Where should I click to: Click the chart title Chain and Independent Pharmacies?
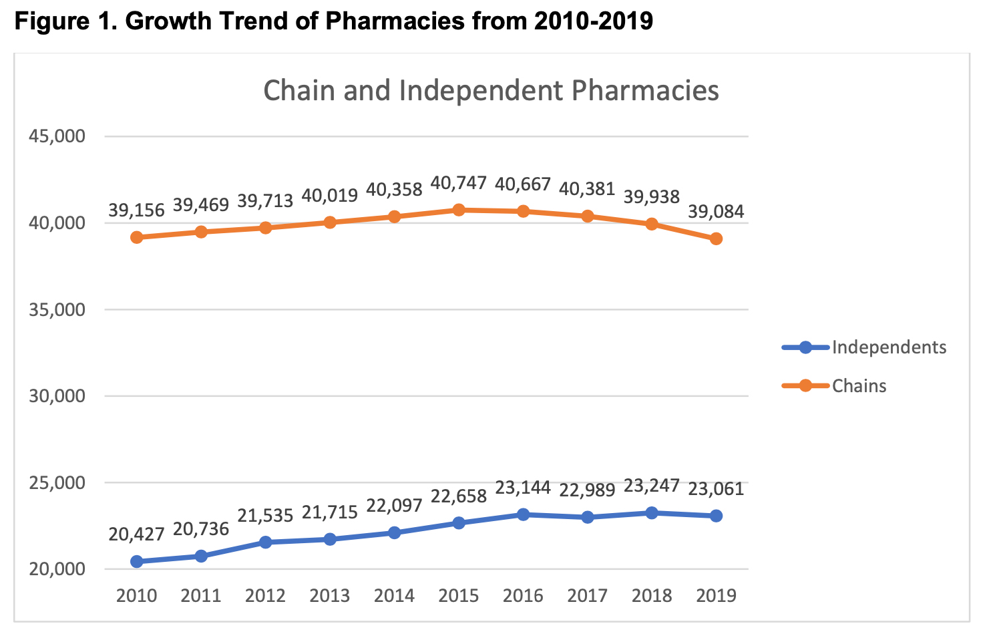491,91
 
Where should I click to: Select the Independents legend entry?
888,347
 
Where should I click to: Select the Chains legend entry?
859,386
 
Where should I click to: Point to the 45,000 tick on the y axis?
57,136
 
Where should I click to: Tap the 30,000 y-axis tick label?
57,396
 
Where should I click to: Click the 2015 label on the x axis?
459,596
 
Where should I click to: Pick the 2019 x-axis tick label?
716,596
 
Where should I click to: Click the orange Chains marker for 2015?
459,210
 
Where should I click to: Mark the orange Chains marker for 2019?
716,239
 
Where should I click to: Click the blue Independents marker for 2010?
137,562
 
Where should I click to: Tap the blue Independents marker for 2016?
523,514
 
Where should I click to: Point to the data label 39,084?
716,212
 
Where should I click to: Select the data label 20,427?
137,534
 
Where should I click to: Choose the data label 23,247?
651,486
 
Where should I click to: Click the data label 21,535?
265,515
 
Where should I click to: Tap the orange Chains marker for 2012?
265,228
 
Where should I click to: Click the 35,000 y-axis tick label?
57,310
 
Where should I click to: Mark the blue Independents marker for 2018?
651,513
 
